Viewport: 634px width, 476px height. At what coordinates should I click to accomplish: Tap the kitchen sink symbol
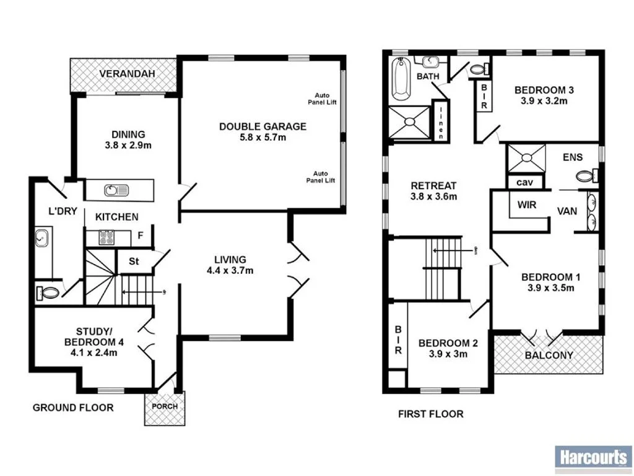pyautogui.click(x=116, y=190)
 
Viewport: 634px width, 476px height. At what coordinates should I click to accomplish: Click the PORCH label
pyautogui.click(x=164, y=407)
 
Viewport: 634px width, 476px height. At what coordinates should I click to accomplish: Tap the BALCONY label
pyautogui.click(x=549, y=356)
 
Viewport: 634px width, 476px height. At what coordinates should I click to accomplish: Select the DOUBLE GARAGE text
pyautogui.click(x=263, y=126)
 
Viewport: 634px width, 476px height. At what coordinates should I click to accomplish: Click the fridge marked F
pyautogui.click(x=141, y=236)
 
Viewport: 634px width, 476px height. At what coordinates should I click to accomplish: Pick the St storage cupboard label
pyautogui.click(x=133, y=260)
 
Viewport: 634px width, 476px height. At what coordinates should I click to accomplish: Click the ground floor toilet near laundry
pyautogui.click(x=48, y=292)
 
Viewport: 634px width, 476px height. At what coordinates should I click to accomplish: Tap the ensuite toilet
pyautogui.click(x=586, y=177)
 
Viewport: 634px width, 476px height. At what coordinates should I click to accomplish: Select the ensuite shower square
pyautogui.click(x=526, y=157)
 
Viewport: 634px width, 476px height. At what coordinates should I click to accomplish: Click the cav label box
pyautogui.click(x=525, y=182)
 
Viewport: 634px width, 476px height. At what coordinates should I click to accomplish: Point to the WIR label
pyautogui.click(x=526, y=205)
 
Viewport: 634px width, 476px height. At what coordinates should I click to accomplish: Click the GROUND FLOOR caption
pyautogui.click(x=73, y=407)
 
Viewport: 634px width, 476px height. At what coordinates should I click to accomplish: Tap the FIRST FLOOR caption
pyautogui.click(x=430, y=413)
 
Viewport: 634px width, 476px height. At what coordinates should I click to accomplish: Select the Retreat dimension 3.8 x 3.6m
pyautogui.click(x=434, y=198)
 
